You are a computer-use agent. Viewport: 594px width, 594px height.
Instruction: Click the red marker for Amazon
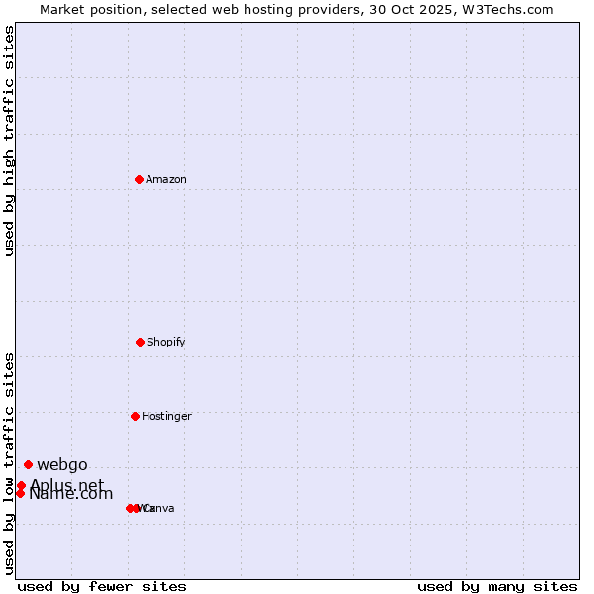pos(140,179)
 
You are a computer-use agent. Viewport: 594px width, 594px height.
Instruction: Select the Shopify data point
pos(140,342)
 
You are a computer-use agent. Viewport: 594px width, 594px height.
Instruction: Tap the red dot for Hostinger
pos(135,416)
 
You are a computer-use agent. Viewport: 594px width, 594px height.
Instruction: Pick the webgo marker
pos(28,464)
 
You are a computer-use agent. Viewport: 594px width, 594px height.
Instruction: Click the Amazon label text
pos(166,179)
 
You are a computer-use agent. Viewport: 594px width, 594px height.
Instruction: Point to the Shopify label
pos(166,342)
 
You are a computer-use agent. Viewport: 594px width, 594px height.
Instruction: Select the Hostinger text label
pos(166,416)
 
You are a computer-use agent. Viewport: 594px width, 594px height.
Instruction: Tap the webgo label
pos(62,464)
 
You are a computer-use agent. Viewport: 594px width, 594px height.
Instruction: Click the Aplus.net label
pos(66,485)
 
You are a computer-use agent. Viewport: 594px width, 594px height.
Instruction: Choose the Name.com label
pos(71,494)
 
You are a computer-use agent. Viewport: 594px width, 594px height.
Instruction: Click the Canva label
pos(159,508)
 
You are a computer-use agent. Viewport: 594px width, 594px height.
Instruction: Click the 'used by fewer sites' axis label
pos(102,586)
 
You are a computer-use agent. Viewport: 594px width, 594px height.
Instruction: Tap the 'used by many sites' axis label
pos(497,586)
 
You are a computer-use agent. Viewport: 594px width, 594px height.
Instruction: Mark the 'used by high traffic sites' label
pos(10,141)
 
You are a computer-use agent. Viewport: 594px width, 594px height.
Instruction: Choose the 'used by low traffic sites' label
pos(10,463)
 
